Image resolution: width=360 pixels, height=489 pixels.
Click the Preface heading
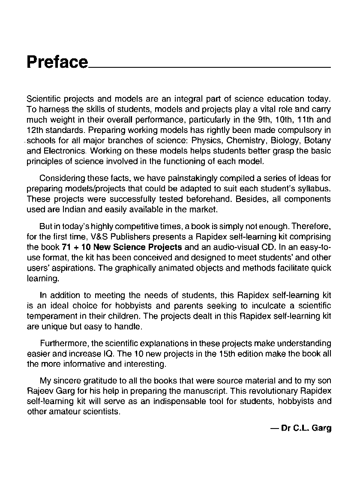[57, 62]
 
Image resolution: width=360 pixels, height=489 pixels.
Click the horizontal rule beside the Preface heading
[210, 67]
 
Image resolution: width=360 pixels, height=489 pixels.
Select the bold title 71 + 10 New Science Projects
[116, 247]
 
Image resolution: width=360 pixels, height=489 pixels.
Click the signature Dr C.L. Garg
[306, 428]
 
